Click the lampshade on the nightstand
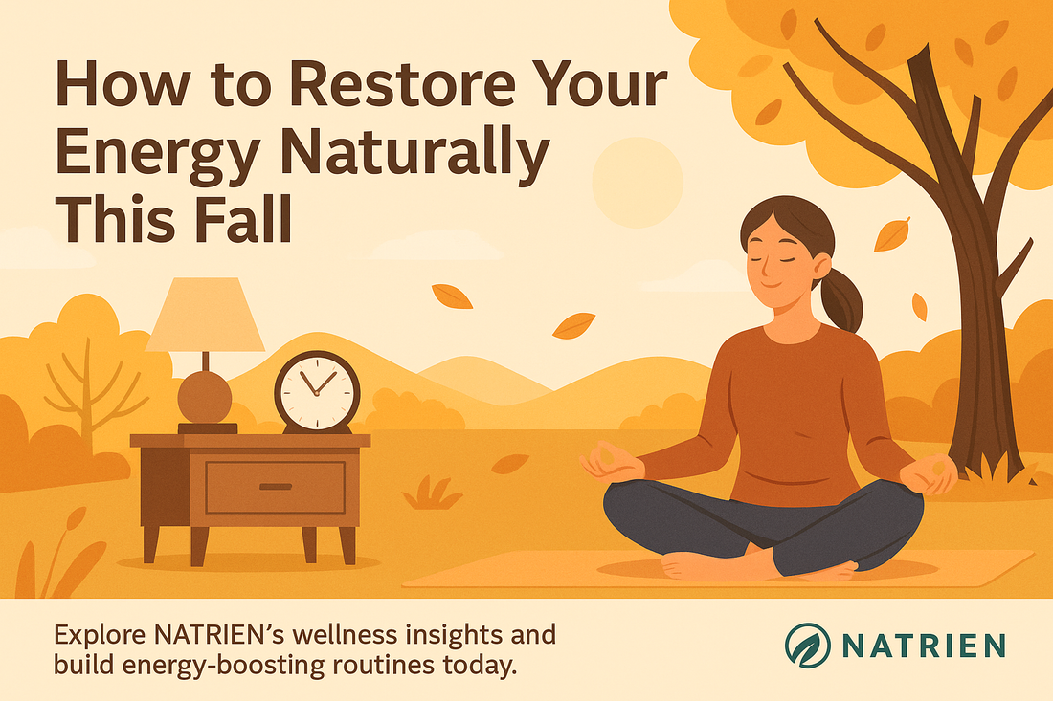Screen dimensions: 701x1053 (x=205, y=315)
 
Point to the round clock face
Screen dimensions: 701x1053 (x=317, y=391)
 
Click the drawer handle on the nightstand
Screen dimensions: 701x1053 (x=275, y=487)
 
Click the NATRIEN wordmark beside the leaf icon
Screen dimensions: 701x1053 (x=923, y=645)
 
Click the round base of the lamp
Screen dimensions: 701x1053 (x=204, y=396)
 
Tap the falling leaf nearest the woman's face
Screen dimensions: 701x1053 (x=892, y=233)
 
